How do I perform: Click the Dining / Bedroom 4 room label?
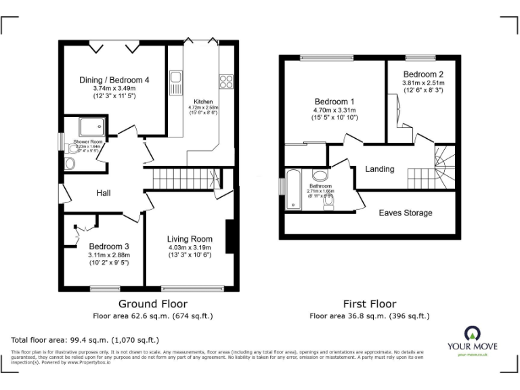114,79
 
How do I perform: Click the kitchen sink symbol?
175,83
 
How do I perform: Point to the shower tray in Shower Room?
89,127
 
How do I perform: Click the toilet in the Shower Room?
71,164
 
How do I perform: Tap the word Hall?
104,194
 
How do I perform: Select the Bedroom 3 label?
108,246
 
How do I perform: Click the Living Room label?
190,239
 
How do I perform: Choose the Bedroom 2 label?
423,74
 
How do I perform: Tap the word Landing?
380,169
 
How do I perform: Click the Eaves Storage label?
405,213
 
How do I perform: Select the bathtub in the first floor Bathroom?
293,190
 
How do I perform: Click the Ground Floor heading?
153,304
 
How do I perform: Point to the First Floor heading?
369,304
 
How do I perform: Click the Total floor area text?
85,340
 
